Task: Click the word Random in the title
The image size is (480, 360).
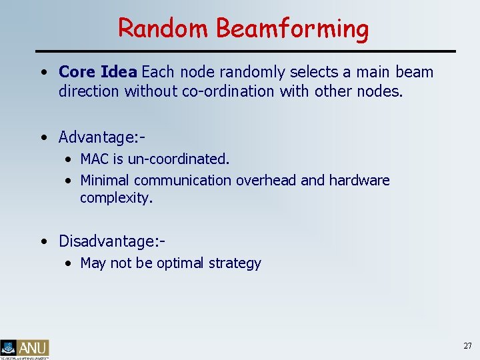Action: [x=164, y=28]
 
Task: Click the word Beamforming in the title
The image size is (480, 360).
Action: [x=292, y=29]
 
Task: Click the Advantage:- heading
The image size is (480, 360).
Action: [x=102, y=137]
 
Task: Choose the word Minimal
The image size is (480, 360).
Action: [x=105, y=180]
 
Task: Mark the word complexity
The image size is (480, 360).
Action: [x=116, y=198]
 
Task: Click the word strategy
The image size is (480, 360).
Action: [x=235, y=263]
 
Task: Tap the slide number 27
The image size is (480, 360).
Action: [x=467, y=346]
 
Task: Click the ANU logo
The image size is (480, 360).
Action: [x=25, y=348]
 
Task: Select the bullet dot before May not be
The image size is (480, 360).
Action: [x=69, y=263]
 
